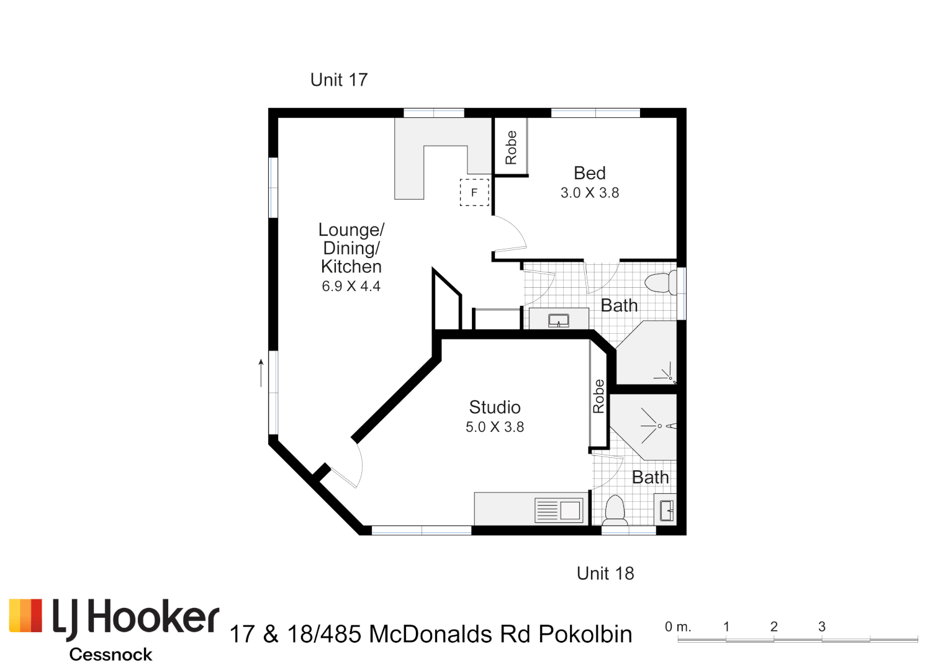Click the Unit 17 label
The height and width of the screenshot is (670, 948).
click(x=338, y=79)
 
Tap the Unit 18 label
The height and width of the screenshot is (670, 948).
click(x=605, y=573)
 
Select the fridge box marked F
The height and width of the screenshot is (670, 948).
click(x=474, y=192)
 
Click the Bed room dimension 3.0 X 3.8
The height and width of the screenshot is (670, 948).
click(x=589, y=193)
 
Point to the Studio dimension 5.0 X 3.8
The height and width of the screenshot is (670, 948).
click(x=495, y=427)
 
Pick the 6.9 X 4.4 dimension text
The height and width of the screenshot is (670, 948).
click(x=351, y=286)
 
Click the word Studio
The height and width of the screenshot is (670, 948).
click(x=494, y=407)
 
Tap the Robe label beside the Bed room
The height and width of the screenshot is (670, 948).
click(x=511, y=148)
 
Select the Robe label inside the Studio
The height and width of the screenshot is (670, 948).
click(x=598, y=396)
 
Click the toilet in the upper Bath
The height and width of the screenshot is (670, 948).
click(x=661, y=284)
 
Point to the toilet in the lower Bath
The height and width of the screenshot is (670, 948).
click(x=615, y=510)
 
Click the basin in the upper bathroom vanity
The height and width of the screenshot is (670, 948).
click(x=559, y=320)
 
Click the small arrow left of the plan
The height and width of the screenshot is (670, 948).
click(x=261, y=372)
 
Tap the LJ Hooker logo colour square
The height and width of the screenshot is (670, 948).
click(x=25, y=616)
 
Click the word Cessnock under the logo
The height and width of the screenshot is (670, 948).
click(x=111, y=654)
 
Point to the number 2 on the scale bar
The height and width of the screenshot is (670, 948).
click(x=774, y=627)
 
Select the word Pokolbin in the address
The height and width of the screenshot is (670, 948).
click(x=585, y=634)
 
